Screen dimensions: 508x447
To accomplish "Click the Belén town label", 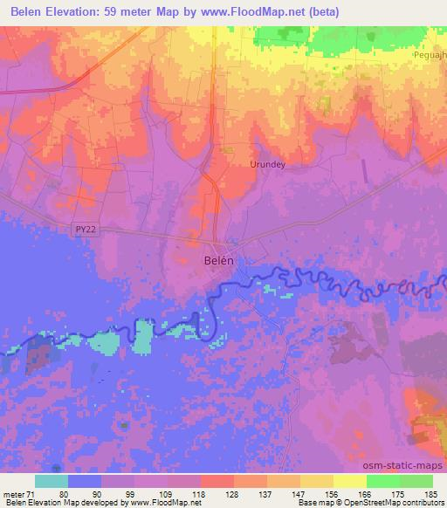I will pos(219,260).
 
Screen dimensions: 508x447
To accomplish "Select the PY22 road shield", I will pos(83,228).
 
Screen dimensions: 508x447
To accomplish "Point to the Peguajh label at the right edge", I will pos(430,54).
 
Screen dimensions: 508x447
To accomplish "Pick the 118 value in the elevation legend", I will pos(200,492).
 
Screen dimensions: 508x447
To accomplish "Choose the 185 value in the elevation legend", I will pos(431,492).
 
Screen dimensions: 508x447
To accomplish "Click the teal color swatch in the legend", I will pos(52,480).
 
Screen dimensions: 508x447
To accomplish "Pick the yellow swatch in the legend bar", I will pos(349,480).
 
